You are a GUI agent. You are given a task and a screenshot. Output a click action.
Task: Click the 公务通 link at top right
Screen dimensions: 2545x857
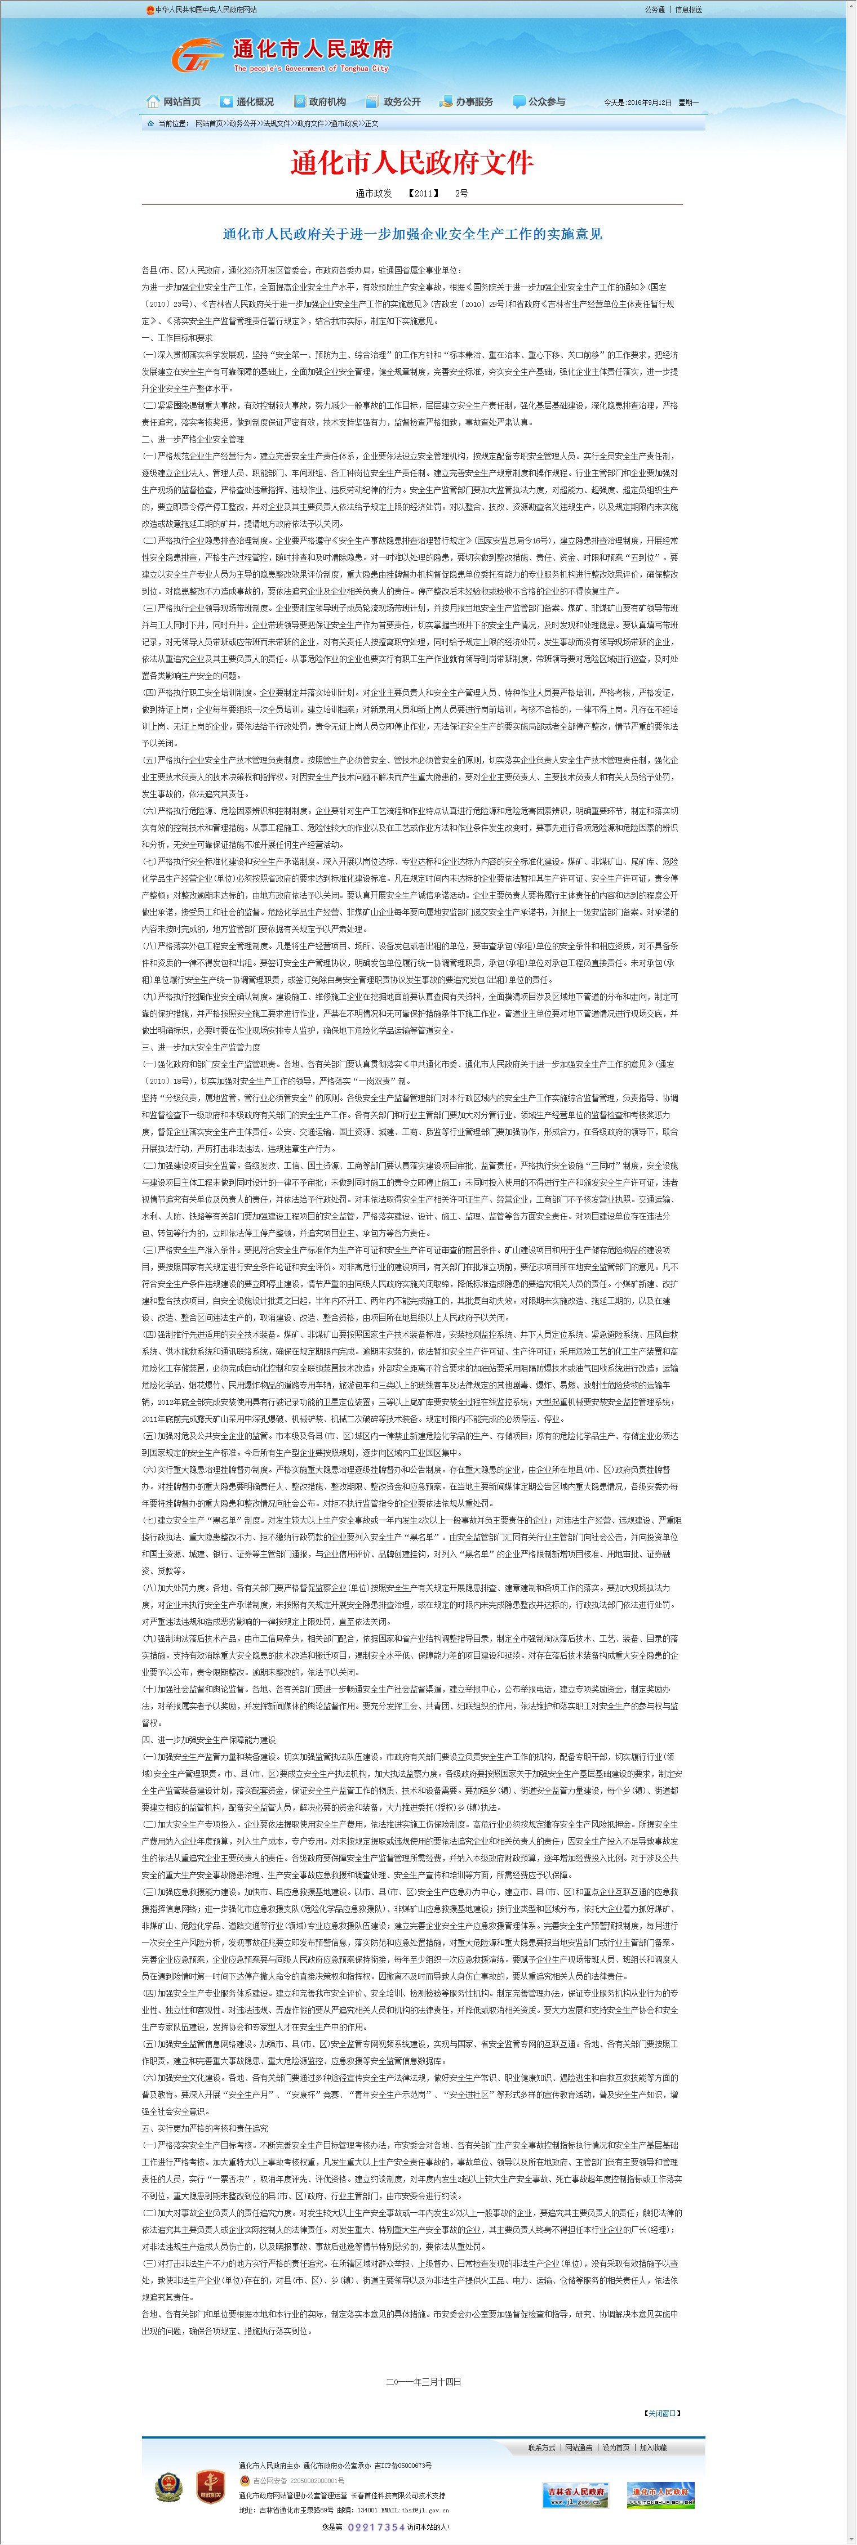(654, 10)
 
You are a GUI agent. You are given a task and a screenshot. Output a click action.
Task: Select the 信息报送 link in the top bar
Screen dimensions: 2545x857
(689, 10)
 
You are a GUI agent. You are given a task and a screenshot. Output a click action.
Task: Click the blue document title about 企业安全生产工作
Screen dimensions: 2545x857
(412, 234)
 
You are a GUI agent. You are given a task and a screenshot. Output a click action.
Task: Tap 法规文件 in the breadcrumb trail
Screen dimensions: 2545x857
(277, 123)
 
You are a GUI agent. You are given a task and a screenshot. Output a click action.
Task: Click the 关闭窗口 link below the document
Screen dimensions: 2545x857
(662, 2413)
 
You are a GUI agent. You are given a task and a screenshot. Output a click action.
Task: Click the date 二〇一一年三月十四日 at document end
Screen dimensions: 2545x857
(423, 2381)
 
